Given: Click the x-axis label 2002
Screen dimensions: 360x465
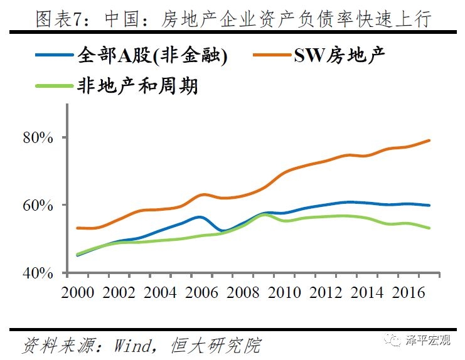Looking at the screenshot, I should [120, 293].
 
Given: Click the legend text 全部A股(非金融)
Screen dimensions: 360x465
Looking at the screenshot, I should [152, 56].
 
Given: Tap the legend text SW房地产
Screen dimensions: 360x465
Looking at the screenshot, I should [339, 56].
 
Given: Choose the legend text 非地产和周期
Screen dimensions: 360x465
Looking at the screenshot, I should [137, 85].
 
